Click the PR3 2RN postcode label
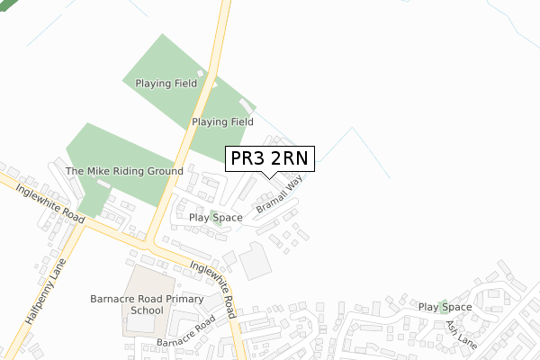click(270, 158)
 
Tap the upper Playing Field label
click(166, 84)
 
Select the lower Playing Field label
click(222, 121)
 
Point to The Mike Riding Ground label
click(124, 171)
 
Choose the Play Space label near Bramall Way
click(215, 218)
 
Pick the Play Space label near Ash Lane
click(445, 308)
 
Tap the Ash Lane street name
click(460, 332)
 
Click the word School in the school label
click(147, 310)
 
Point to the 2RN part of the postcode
click(291, 158)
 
